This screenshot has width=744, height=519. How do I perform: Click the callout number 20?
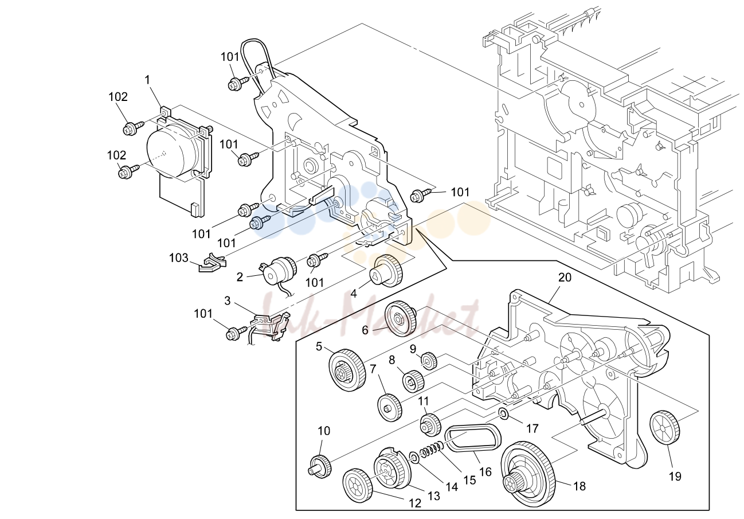(x=565, y=277)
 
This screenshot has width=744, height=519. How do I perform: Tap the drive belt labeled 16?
(x=472, y=439)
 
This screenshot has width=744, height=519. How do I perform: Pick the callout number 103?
(x=179, y=257)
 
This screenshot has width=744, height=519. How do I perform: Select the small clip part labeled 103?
(x=212, y=263)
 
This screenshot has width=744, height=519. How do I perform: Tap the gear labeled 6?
(x=400, y=318)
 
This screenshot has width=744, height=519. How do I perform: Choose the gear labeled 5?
(x=347, y=370)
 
